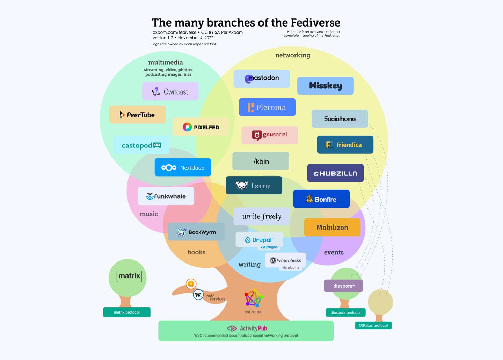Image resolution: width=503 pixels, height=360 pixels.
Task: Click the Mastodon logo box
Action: (x=262, y=79)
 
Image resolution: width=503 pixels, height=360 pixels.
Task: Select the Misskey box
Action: (x=325, y=86)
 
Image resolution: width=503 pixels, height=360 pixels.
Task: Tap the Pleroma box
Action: (x=267, y=107)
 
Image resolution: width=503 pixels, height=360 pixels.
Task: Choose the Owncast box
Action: (x=170, y=91)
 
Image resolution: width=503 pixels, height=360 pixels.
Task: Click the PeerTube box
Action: (x=137, y=114)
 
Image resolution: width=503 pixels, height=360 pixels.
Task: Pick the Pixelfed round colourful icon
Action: (x=187, y=127)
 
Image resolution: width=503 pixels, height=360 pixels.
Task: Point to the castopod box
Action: (x=141, y=145)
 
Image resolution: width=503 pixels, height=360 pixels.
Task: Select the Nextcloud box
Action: (x=183, y=167)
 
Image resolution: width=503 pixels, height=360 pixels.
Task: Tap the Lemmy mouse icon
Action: (x=241, y=186)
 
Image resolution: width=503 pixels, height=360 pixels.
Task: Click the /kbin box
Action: (x=261, y=161)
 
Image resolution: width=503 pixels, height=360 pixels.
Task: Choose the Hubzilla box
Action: (x=335, y=173)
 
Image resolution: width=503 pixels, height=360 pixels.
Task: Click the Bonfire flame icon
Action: (x=309, y=199)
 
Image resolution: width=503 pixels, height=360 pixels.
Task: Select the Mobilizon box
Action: (x=332, y=227)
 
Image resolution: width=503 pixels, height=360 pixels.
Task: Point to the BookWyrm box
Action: (x=196, y=232)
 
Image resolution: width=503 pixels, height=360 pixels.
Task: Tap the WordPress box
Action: (x=285, y=260)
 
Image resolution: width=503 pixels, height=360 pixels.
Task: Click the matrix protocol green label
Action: (x=127, y=312)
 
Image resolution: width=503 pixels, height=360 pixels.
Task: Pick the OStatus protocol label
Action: (x=373, y=325)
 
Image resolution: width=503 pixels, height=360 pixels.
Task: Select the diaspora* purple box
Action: (x=343, y=286)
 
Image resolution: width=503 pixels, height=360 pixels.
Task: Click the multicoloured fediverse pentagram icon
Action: (x=254, y=298)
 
